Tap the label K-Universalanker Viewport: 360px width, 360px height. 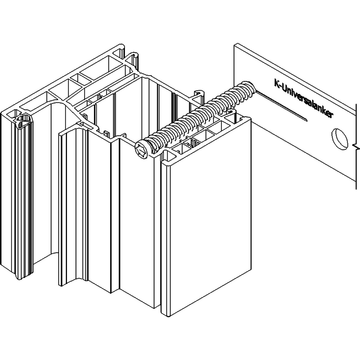304,99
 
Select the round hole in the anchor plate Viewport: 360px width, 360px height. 340,139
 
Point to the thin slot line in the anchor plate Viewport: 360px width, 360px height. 281,105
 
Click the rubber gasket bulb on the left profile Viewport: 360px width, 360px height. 24,121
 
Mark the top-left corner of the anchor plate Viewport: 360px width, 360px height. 234,44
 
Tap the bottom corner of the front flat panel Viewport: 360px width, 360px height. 169,316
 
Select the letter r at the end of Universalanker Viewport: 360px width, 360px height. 331,115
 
